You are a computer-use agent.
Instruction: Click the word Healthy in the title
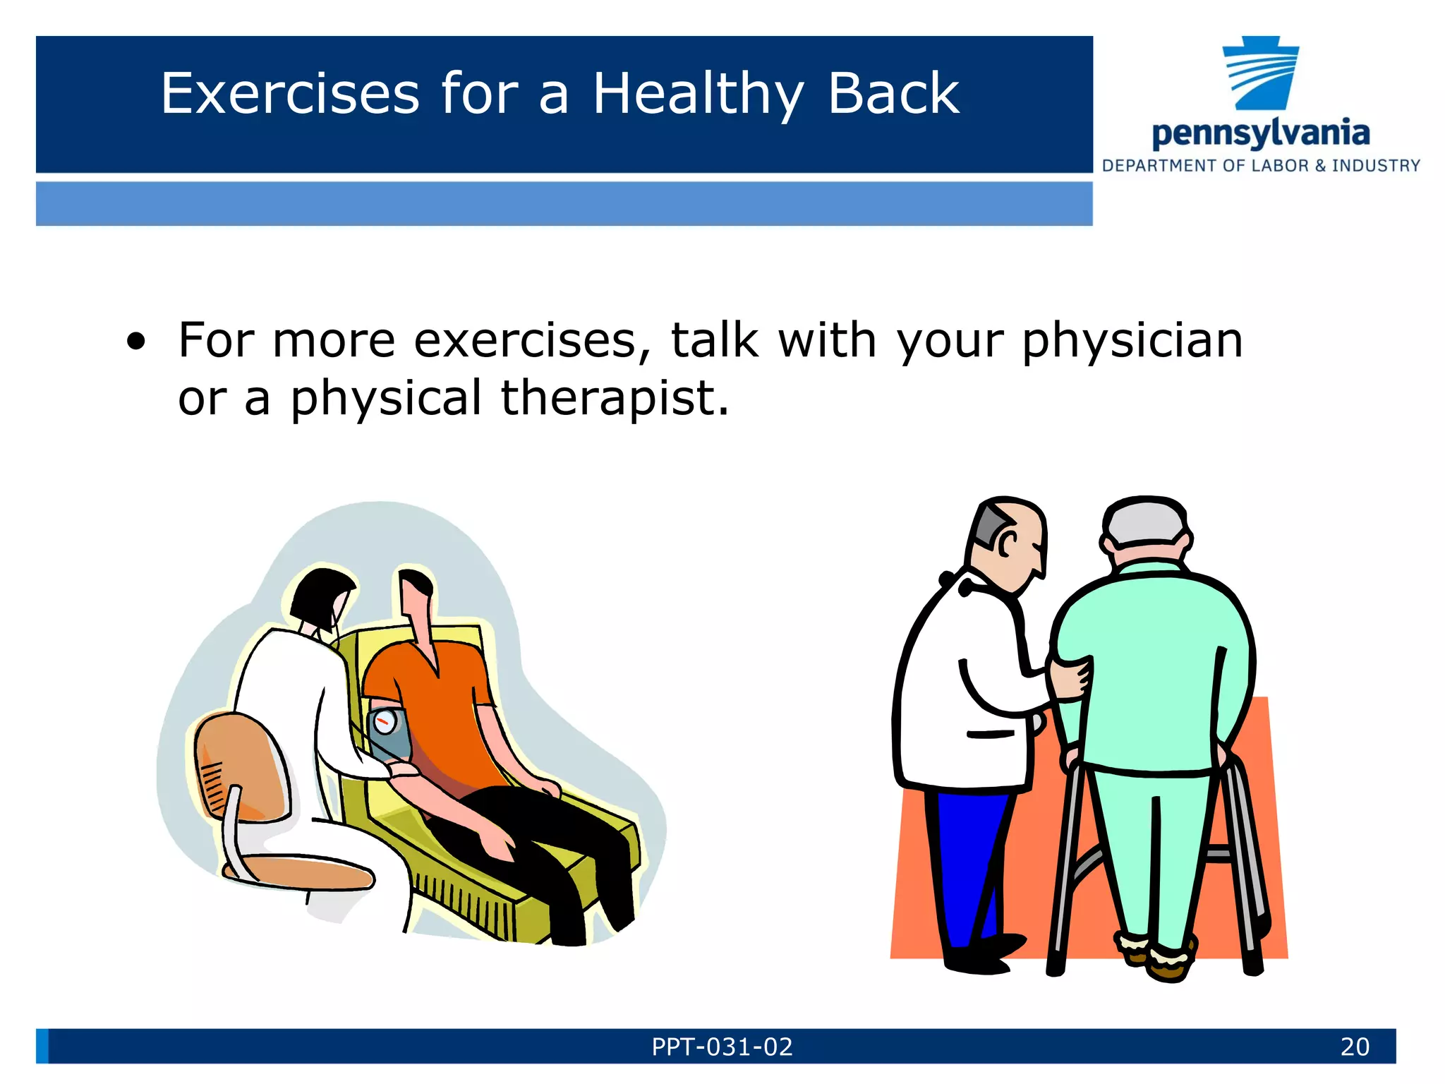pyautogui.click(x=697, y=95)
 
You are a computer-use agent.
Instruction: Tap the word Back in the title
pyautogui.click(x=893, y=94)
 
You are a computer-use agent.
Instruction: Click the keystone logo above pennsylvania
pyautogui.click(x=1261, y=73)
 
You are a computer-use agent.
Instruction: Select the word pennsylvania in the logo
pyautogui.click(x=1260, y=133)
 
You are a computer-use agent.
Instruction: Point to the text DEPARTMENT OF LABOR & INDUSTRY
pyautogui.click(x=1261, y=166)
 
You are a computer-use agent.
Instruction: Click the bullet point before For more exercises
pyautogui.click(x=136, y=343)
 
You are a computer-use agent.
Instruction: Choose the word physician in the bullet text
pyautogui.click(x=1132, y=342)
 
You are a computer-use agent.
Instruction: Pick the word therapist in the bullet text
pyautogui.click(x=614, y=399)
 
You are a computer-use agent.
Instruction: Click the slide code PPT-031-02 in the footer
pyautogui.click(x=722, y=1047)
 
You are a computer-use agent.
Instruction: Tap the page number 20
pyautogui.click(x=1355, y=1047)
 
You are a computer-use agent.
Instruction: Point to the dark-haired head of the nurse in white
pyautogui.click(x=321, y=596)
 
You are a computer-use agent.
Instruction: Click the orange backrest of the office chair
pyautogui.click(x=236, y=769)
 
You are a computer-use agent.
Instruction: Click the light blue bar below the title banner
pyautogui.click(x=564, y=204)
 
